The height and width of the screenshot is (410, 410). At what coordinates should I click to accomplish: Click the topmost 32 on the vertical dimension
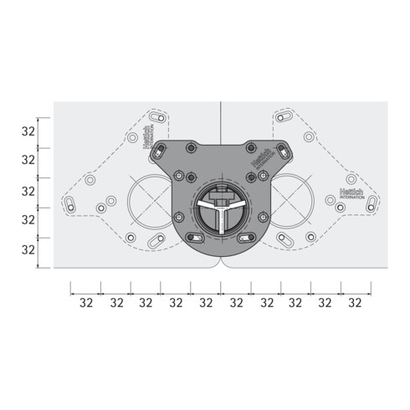click(28, 131)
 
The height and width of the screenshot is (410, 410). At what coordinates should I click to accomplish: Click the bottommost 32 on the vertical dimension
click(28, 249)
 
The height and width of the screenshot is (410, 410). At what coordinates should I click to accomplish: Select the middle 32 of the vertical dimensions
click(28, 191)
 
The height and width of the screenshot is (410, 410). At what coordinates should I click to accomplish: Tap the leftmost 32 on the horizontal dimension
click(85, 302)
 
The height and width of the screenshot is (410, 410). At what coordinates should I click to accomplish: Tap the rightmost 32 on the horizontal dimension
click(355, 302)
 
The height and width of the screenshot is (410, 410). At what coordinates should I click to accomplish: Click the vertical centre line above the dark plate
click(220, 121)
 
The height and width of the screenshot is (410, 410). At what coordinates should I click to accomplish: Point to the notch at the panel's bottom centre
click(220, 262)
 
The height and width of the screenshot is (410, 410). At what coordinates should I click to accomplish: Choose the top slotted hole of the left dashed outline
click(155, 115)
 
